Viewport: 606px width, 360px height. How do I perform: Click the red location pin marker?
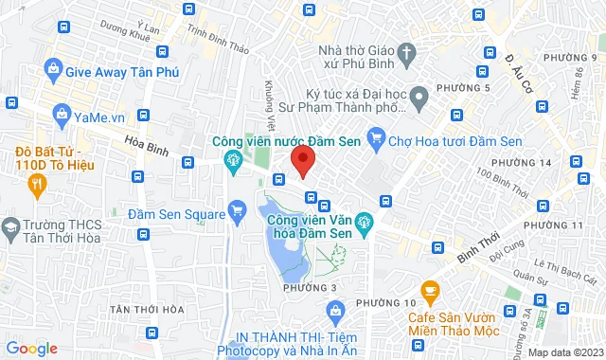point(302,160)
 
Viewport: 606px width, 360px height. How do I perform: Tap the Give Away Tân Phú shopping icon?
point(53,69)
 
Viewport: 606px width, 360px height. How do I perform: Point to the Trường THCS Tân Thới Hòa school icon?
point(10,227)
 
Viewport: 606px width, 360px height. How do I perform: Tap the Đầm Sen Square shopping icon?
point(237,211)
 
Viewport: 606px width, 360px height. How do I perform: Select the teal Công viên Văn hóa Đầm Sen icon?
point(367,224)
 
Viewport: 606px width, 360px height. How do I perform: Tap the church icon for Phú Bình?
point(406,52)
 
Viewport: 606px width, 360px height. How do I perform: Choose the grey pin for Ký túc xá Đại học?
point(420,95)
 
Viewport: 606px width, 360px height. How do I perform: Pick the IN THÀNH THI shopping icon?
point(334,310)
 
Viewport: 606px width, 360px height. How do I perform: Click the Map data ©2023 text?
point(564,352)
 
